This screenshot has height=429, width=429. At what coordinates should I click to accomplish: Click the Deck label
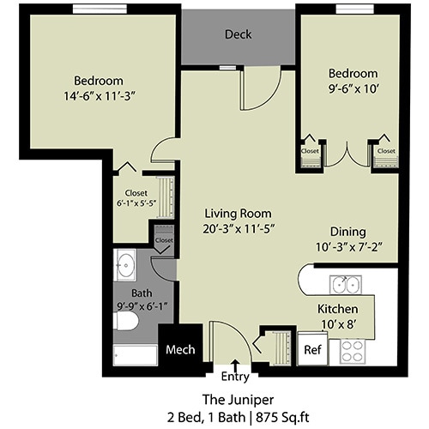pos(238,35)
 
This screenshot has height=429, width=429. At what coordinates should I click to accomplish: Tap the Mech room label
pos(181,349)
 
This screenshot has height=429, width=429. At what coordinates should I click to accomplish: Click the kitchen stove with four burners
pos(353,350)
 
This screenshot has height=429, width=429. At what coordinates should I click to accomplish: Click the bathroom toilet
pos(126,322)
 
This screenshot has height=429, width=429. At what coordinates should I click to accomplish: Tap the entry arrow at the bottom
pos(236,366)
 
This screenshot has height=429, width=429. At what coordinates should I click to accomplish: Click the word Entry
pos(236,377)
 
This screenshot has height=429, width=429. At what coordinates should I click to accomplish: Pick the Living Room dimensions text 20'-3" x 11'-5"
pos(239,228)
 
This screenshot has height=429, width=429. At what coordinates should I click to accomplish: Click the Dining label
pos(348,232)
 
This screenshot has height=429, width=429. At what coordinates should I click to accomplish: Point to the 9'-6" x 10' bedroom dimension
pos(352,88)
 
